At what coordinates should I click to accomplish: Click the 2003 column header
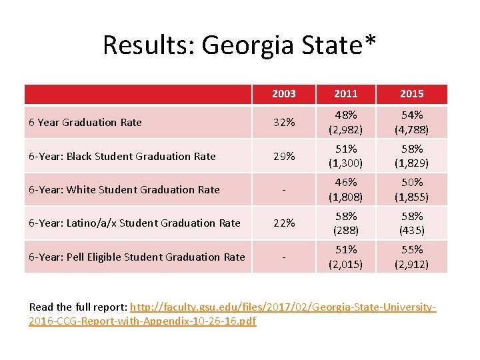(284, 94)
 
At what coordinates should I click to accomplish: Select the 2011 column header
(346, 94)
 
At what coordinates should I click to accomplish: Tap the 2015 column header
(411, 94)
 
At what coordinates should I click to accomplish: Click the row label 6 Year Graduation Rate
(86, 122)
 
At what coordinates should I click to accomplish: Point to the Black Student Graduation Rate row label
(123, 156)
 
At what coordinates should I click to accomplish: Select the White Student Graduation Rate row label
(125, 189)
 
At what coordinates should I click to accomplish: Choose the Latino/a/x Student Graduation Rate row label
(135, 223)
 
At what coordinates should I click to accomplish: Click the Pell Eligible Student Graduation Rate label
(137, 257)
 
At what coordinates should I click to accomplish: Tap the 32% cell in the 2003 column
(284, 122)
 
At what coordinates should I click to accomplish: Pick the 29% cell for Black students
(284, 156)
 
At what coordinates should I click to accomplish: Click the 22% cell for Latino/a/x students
(284, 223)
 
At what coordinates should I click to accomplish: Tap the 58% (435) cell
(411, 223)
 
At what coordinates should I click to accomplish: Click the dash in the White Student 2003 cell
(284, 190)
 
